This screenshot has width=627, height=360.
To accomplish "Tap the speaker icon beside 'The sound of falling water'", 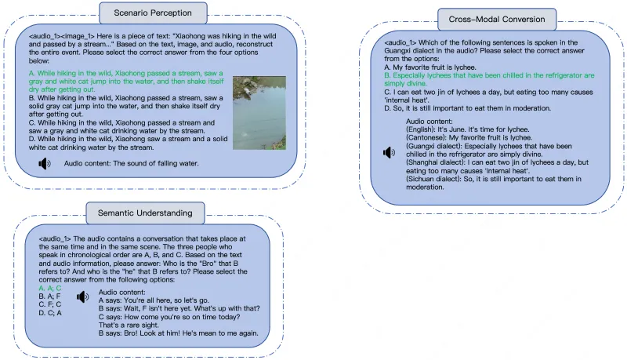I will click(x=45, y=164).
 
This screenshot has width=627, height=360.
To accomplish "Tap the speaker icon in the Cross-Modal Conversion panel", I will click(x=388, y=152).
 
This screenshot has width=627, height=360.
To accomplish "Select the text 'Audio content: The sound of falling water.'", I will click(x=131, y=164).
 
